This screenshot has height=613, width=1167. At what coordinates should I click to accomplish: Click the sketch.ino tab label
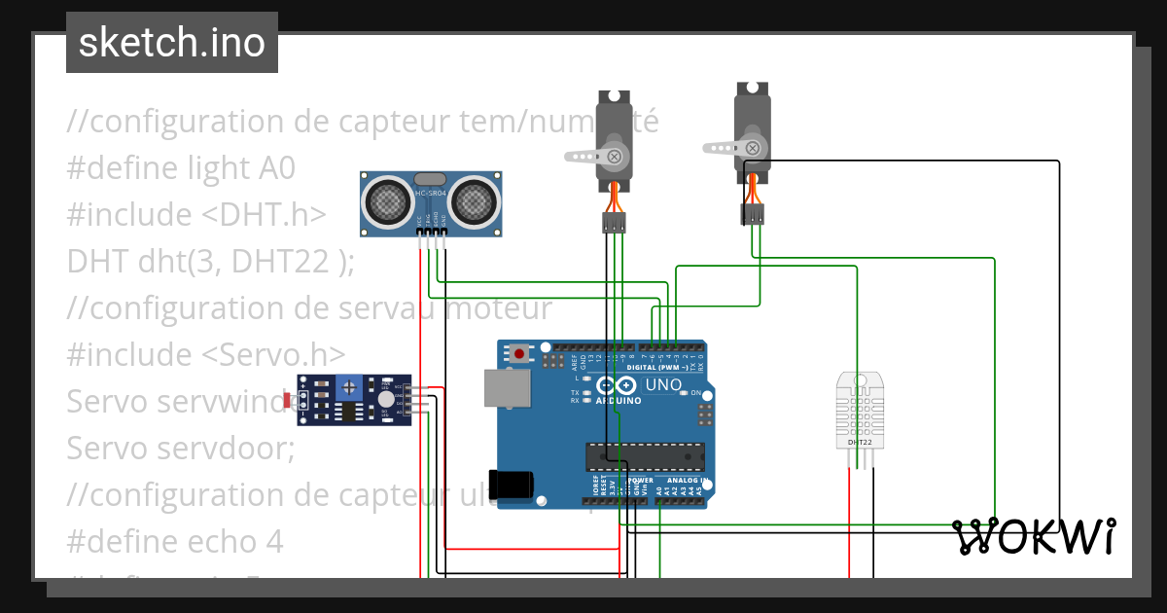coord(171,43)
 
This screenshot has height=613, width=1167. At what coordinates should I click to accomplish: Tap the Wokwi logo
coord(1033,536)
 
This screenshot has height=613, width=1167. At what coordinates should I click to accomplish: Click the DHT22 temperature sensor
coord(860,411)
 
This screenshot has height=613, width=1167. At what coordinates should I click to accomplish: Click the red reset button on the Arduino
coord(520,353)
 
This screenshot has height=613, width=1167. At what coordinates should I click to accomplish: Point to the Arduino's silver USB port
coord(508,388)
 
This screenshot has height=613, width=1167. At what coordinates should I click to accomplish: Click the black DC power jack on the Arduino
coord(513,485)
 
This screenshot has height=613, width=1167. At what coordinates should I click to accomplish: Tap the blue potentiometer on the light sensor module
coord(347,388)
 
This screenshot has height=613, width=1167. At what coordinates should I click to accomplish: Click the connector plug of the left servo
coord(614,224)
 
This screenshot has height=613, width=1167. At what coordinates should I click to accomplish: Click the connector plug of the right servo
coord(753,214)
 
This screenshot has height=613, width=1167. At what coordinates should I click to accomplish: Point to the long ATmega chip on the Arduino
coord(644,454)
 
